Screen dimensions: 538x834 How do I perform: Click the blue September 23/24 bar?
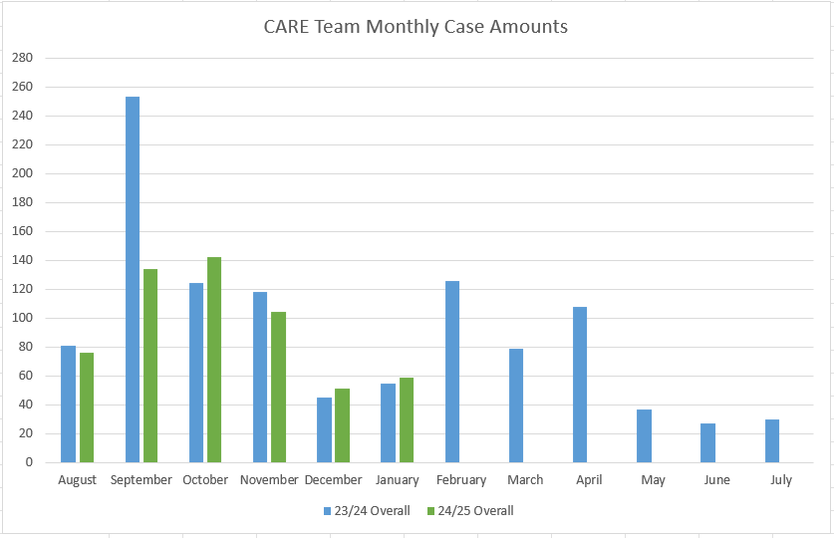(133, 279)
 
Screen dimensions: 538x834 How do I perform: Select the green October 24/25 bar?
(214, 360)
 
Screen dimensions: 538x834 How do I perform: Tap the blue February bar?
(452, 372)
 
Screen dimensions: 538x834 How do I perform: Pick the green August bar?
(87, 407)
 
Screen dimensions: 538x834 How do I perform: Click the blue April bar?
(580, 385)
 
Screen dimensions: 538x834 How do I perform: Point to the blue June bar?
(707, 443)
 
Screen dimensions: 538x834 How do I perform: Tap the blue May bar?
(644, 436)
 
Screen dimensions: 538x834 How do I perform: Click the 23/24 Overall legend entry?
(366, 511)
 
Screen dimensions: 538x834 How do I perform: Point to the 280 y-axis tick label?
(22, 58)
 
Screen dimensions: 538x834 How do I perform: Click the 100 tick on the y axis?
(22, 318)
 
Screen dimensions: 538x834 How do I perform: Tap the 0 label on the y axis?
(29, 462)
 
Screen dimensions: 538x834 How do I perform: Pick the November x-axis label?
(269, 480)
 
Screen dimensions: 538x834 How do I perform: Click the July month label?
(781, 480)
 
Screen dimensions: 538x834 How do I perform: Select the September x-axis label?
(141, 480)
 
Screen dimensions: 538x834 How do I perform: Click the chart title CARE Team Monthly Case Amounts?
(416, 27)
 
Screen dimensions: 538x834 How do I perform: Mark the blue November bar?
(260, 378)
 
